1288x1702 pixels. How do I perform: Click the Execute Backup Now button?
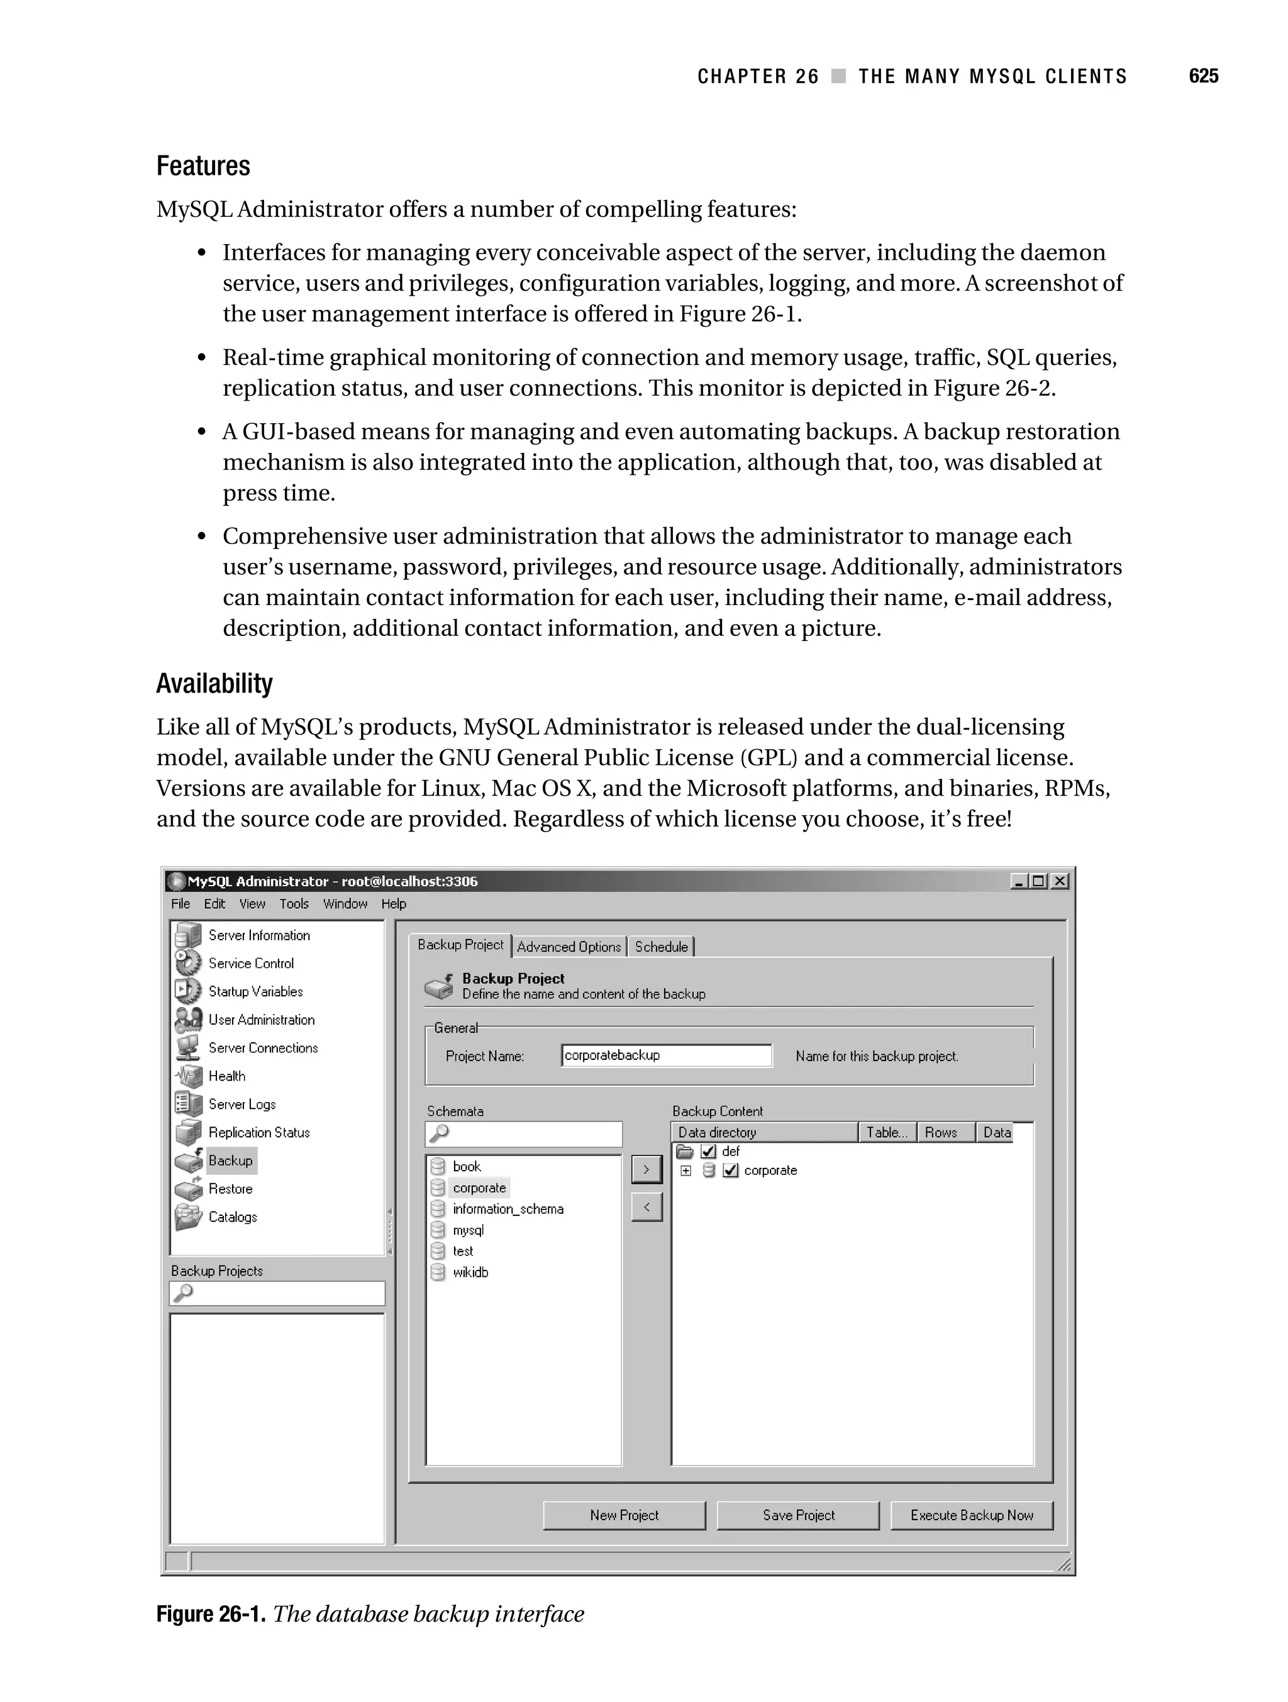[x=971, y=1515]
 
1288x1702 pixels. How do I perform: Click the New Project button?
[x=624, y=1515]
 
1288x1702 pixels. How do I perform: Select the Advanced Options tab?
[x=569, y=947]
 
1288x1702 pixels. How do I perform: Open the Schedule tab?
[x=661, y=947]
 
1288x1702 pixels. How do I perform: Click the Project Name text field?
[x=666, y=1055]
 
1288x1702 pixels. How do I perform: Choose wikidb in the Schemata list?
[x=470, y=1272]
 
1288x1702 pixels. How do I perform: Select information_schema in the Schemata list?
[x=508, y=1209]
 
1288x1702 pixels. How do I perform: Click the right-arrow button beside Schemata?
[x=647, y=1169]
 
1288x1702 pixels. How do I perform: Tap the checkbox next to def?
[x=709, y=1151]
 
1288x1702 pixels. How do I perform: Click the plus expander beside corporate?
[x=686, y=1171]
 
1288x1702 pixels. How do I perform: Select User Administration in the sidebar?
[x=261, y=1020]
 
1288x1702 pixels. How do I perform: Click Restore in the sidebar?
[x=230, y=1189]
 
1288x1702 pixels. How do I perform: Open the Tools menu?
[x=294, y=903]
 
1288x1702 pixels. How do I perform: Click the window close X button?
[x=1060, y=881]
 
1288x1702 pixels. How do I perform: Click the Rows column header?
[x=941, y=1132]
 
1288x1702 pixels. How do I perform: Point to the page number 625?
[x=1203, y=75]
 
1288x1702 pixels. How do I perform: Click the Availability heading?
[x=214, y=683]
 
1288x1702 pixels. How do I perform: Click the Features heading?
[x=203, y=166]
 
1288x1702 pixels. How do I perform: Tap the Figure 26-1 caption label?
[x=211, y=1613]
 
